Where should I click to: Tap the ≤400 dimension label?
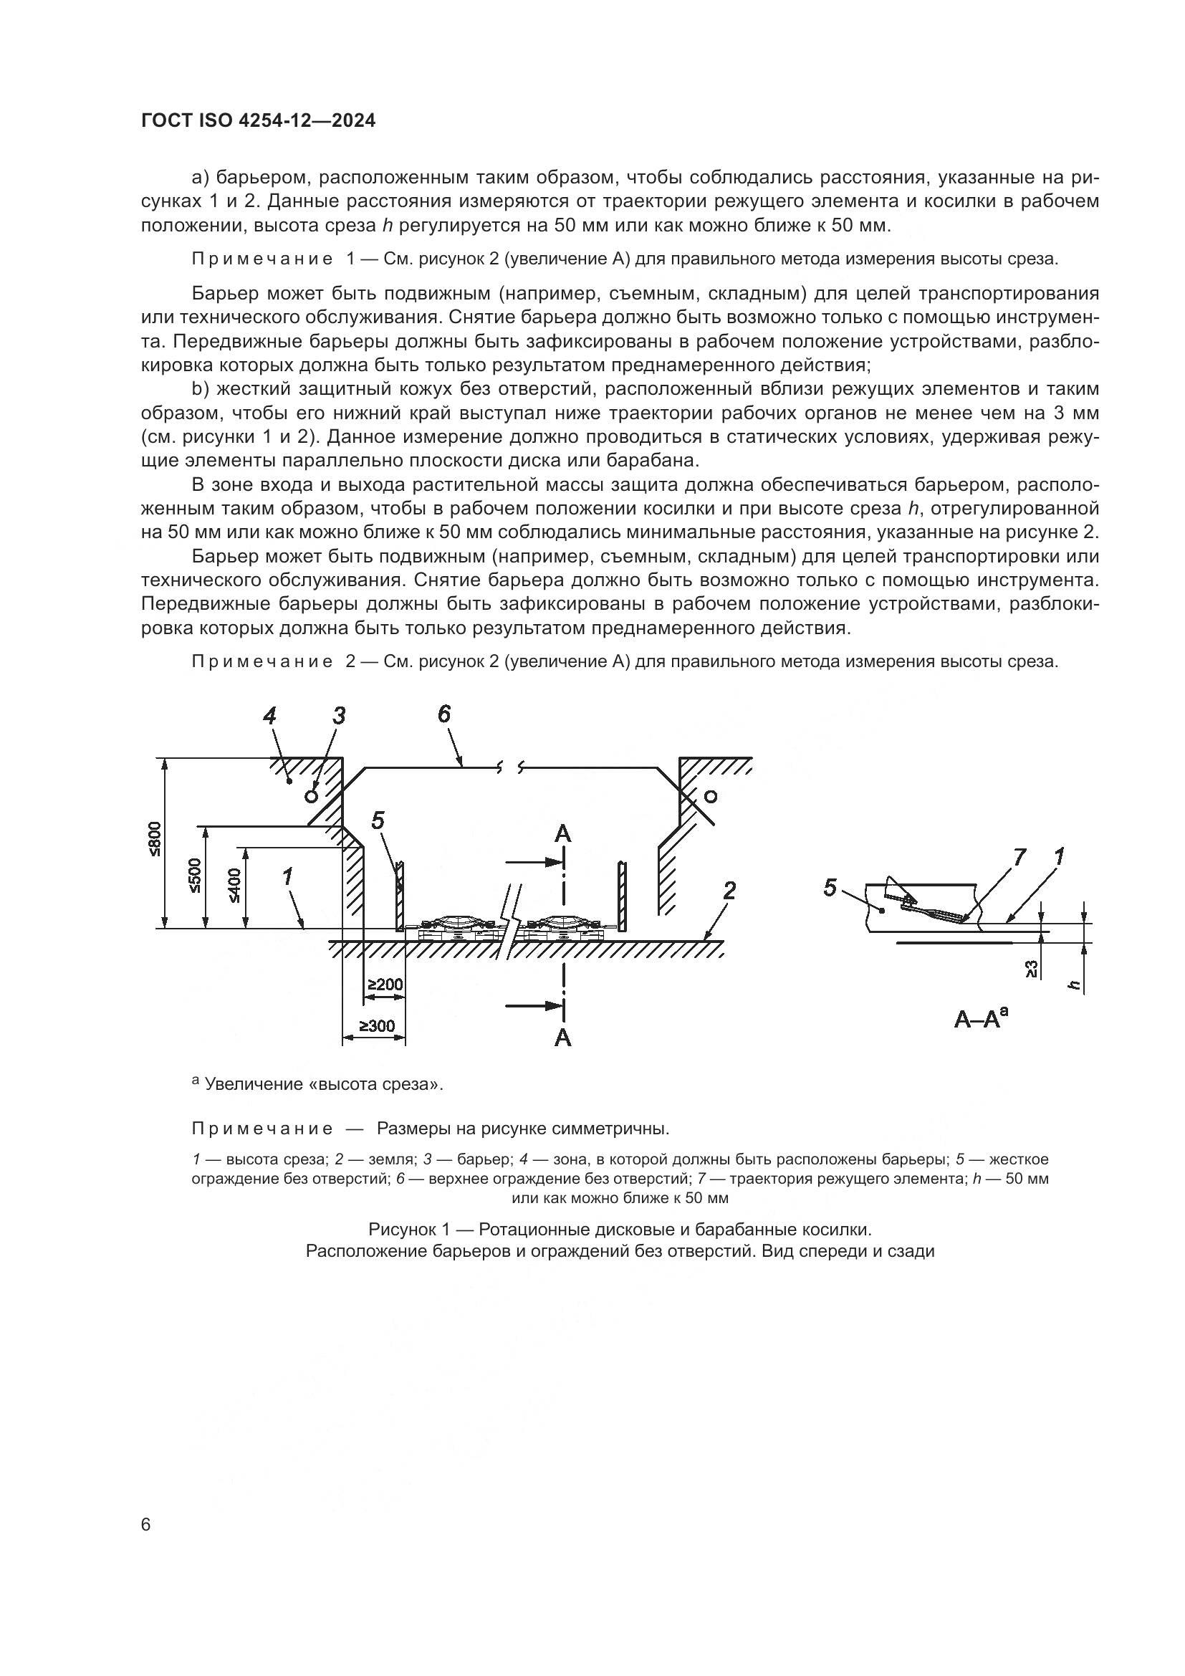point(235,886)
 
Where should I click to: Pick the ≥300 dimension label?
point(377,1025)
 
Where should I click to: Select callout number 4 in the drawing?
point(269,716)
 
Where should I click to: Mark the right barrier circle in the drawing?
point(711,795)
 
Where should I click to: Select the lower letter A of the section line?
point(562,1038)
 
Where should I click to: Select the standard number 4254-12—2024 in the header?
point(307,121)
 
